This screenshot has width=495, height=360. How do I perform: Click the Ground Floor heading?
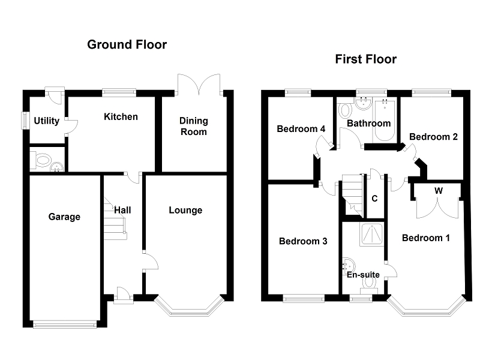click(127, 44)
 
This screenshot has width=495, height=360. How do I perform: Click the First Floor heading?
click(365, 59)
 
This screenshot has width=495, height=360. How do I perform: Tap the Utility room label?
click(46, 121)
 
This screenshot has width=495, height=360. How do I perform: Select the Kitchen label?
click(121, 116)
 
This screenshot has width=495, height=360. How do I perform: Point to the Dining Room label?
click(193, 127)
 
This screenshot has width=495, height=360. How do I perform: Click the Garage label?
click(64, 217)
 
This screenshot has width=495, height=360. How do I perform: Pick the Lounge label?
click(185, 210)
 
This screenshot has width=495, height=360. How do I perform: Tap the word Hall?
click(122, 210)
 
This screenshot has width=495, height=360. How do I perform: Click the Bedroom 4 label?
click(301, 128)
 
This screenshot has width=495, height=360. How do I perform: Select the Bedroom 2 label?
click(434, 137)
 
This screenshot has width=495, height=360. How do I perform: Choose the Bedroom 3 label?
click(303, 241)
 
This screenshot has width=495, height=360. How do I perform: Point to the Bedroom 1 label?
click(425, 238)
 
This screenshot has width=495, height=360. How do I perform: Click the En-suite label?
click(363, 275)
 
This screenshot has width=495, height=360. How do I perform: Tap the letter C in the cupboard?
click(374, 199)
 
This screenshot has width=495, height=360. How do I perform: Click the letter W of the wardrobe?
click(439, 191)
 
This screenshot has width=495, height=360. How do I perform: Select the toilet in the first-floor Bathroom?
click(344, 110)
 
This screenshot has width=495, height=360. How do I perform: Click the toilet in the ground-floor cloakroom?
click(42, 160)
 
